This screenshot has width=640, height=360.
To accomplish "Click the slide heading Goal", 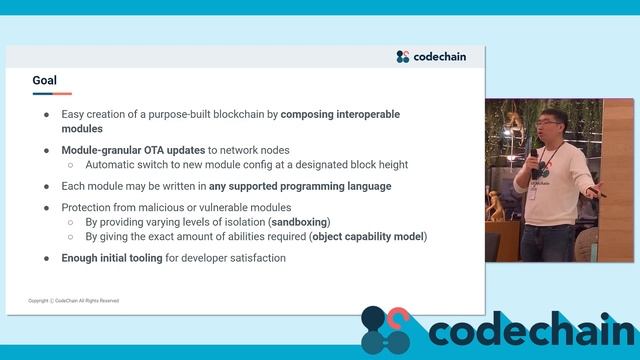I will coord(44,80).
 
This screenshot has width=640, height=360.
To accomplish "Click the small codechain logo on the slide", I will coord(431,57).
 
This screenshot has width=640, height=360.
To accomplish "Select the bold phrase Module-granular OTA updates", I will coord(133,150).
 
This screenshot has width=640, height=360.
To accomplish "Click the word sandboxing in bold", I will coord(300,221).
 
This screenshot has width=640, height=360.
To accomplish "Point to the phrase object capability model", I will coord(368,236).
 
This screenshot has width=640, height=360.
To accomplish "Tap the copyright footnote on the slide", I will coord(74,300).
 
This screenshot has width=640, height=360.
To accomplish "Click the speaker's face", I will coord(545,130).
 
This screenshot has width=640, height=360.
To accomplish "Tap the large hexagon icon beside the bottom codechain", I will coord(386,330).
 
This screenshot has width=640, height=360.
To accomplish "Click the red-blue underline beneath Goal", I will coord(51,94).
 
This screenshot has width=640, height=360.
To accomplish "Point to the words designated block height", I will coord(354,165).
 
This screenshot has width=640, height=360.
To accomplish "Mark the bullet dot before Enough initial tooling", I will coord(46,258).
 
